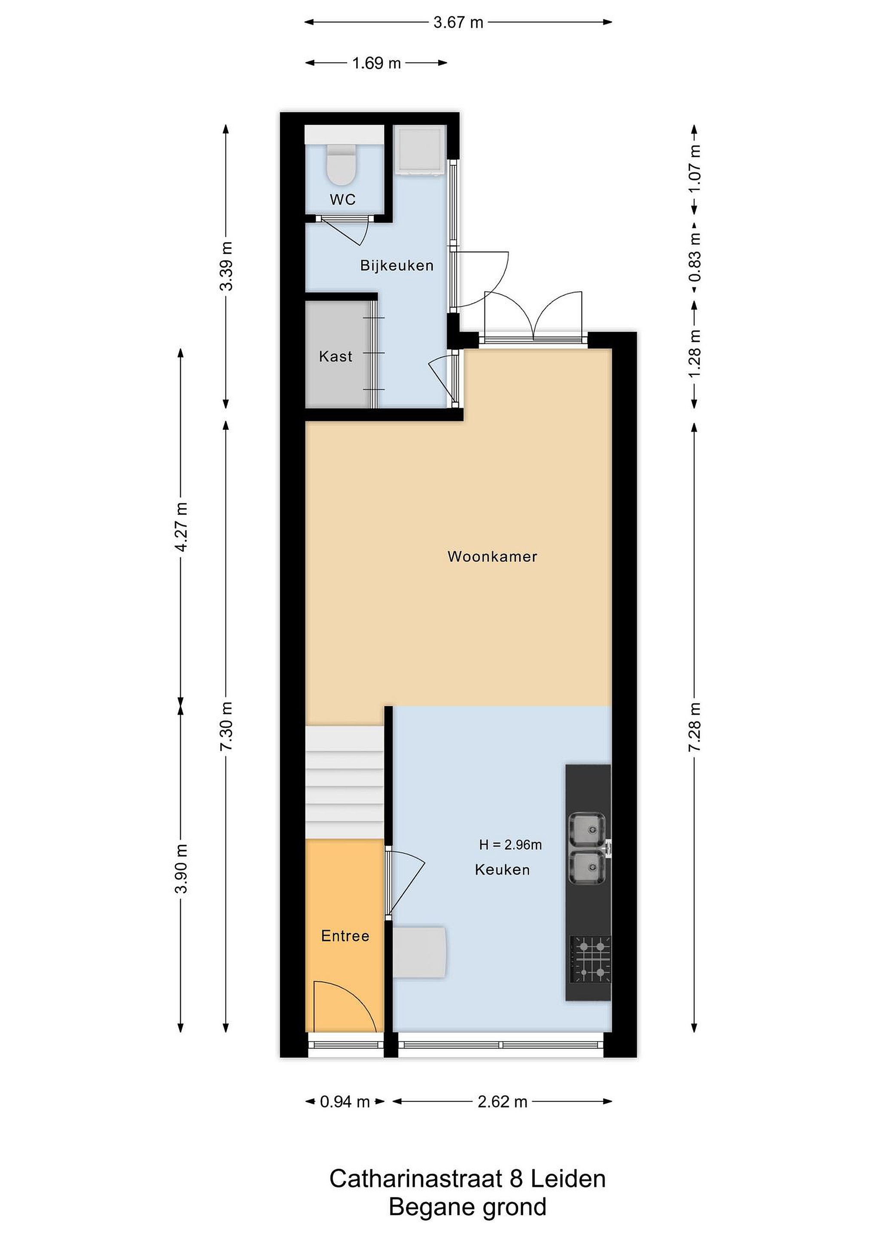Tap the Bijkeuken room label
tap(396, 265)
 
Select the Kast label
tap(335, 356)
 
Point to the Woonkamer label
tap(492, 557)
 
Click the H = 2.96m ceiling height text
tap(510, 845)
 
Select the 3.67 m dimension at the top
tap(458, 23)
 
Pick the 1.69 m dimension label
tap(376, 64)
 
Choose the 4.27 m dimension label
tap(182, 527)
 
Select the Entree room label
tap(345, 936)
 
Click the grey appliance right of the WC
tap(420, 150)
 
